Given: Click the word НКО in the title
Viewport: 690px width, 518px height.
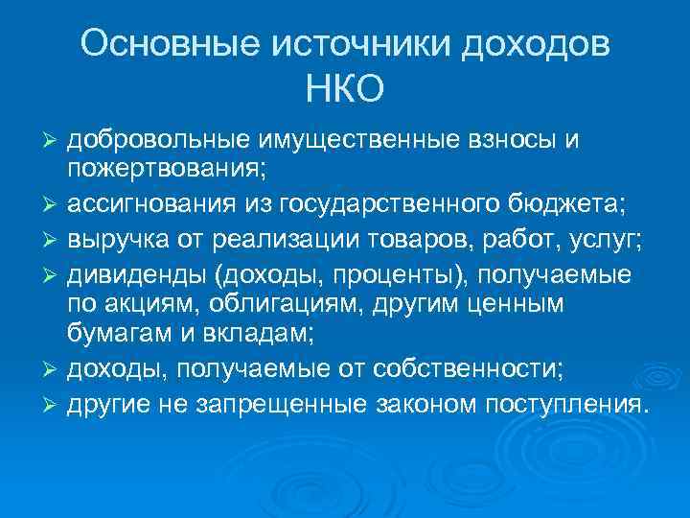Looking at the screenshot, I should point(345,89).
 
